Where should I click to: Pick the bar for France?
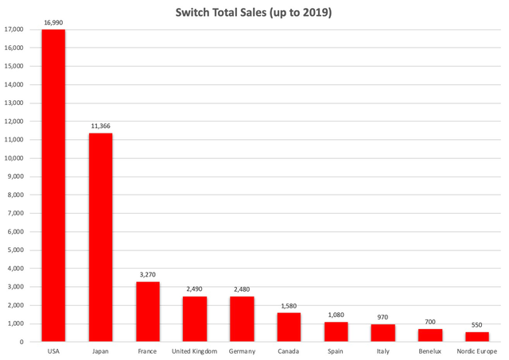point(148,312)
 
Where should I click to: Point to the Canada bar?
point(289,327)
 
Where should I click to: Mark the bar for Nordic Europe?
point(477,336)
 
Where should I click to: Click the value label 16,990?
point(53,24)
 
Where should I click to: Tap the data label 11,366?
point(100,127)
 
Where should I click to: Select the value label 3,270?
point(148,276)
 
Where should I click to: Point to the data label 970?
point(383,317)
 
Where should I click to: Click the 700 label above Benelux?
point(429,323)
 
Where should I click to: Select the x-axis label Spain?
point(336,350)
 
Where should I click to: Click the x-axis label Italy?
point(383,350)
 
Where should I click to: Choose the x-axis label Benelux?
point(429,350)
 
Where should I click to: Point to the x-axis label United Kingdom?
point(195,350)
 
